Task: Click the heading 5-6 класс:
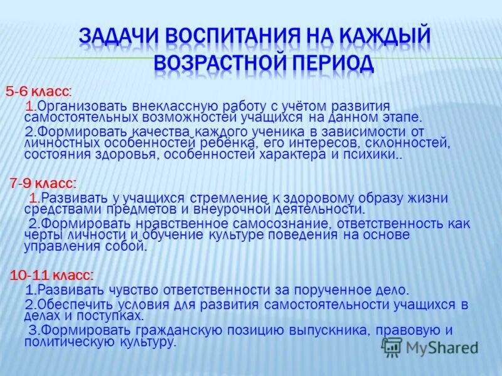tap(38, 91)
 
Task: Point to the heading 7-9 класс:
tap(43, 184)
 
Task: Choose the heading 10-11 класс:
tap(51, 275)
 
